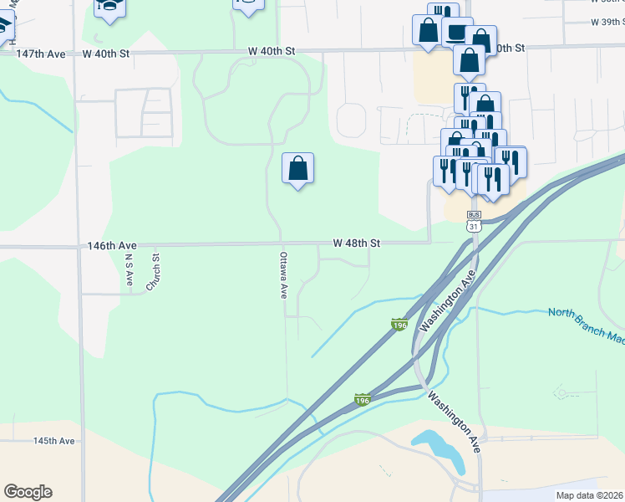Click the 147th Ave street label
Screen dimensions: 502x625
point(40,53)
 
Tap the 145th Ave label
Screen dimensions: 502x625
point(54,441)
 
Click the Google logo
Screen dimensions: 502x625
point(28,492)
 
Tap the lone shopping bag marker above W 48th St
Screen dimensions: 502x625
point(297,168)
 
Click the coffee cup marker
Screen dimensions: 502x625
point(456,31)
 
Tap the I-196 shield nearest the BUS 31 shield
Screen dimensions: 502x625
point(399,324)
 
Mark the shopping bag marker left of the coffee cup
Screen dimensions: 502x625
point(428,30)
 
